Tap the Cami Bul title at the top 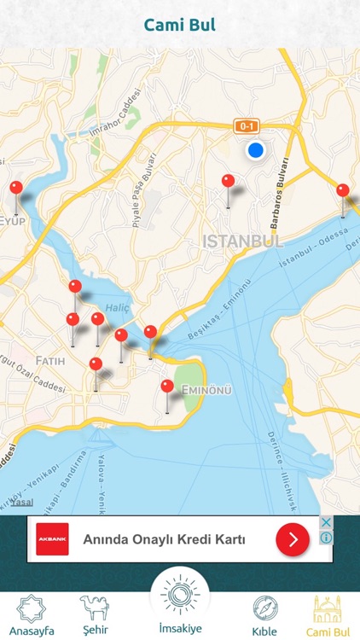[x=179, y=25]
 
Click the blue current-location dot [x=255, y=151]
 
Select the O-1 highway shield [x=247, y=126]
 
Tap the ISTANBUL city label [x=243, y=241]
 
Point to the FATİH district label [x=50, y=361]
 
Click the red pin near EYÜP [x=16, y=189]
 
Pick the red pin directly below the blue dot [x=228, y=182]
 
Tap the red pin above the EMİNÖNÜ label [x=167, y=387]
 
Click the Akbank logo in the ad [x=52, y=539]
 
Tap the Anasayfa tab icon [x=32, y=609]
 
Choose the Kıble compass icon [x=264, y=609]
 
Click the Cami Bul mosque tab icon [x=328, y=609]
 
